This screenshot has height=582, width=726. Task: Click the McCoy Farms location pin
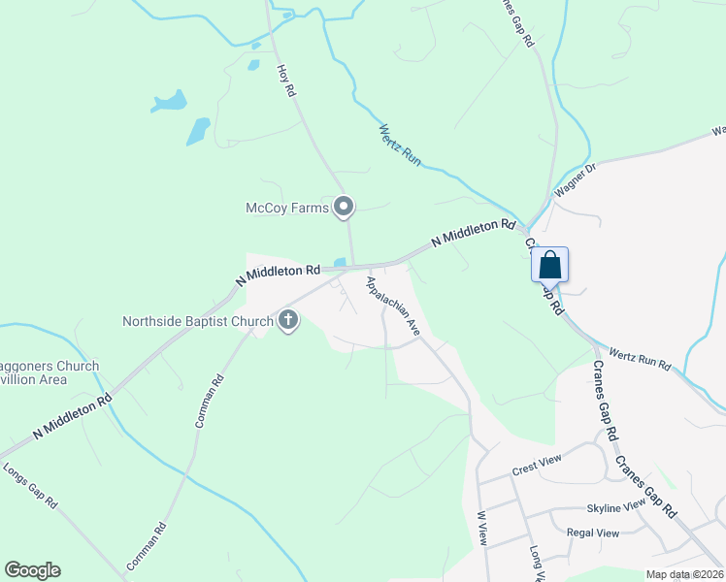(x=344, y=206)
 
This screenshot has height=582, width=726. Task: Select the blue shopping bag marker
(x=549, y=265)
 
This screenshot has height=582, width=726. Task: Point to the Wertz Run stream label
(x=399, y=145)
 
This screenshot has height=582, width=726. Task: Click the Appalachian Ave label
(x=393, y=306)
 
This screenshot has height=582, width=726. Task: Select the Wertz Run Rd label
(x=639, y=358)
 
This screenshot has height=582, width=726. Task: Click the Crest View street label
(x=538, y=468)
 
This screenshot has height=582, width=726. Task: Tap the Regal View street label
(x=592, y=533)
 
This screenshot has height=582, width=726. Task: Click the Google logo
(x=32, y=570)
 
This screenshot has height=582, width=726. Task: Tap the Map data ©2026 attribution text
(x=684, y=574)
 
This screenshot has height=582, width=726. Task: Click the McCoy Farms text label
(x=286, y=207)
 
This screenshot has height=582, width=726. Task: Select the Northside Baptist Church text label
(x=198, y=320)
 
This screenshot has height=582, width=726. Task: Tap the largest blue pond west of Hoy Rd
(x=198, y=130)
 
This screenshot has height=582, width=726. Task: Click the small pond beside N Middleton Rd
(x=340, y=262)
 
